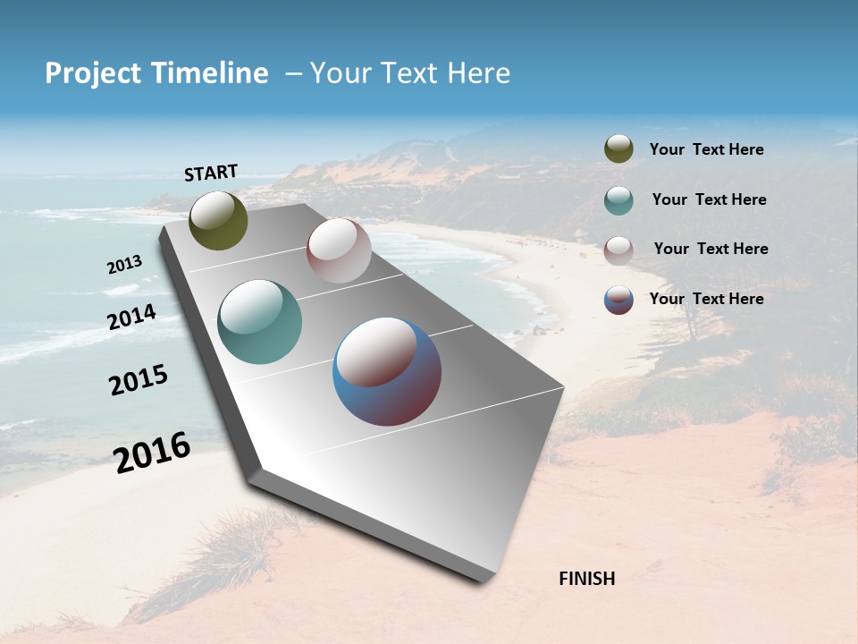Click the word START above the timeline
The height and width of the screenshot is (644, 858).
(211, 173)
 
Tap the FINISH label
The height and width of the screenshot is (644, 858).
(586, 579)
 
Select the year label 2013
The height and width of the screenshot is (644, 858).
(124, 265)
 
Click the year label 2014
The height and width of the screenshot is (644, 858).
(131, 318)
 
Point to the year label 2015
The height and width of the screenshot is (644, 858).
(139, 380)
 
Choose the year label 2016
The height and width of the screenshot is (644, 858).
(152, 452)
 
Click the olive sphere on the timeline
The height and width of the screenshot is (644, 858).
(218, 220)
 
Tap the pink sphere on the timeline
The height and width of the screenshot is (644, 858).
(339, 250)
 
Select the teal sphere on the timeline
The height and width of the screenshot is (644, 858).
(260, 322)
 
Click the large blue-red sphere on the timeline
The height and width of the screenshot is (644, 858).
(387, 371)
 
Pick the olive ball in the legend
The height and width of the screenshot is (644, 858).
(618, 149)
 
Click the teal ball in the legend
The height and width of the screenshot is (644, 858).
(618, 200)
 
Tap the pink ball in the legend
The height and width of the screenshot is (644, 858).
(618, 250)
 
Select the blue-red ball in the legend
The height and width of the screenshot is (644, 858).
(618, 300)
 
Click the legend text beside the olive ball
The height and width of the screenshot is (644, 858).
(706, 150)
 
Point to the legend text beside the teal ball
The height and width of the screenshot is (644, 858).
(709, 199)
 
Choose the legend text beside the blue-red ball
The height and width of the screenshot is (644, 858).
(706, 299)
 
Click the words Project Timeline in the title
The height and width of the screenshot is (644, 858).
(156, 73)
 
